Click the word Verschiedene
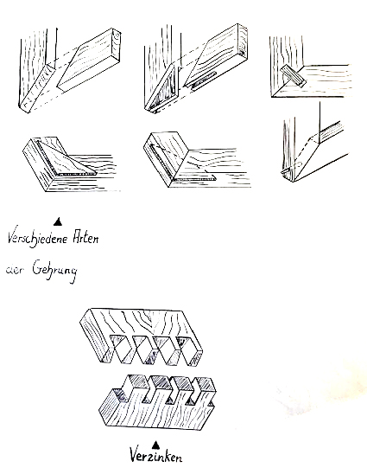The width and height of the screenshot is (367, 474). click(38, 240)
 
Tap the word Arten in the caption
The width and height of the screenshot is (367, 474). click(85, 238)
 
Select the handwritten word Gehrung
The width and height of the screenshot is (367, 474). click(54, 271)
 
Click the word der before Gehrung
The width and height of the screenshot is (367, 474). click(14, 270)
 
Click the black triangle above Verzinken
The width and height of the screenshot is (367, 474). click(155, 445)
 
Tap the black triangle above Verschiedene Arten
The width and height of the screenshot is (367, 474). click(58, 221)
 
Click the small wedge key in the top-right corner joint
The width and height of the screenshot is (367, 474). click(293, 76)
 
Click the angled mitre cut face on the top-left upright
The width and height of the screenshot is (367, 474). click(37, 87)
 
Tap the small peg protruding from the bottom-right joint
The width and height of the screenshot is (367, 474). click(286, 171)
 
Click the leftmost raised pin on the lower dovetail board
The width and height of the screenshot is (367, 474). click(136, 381)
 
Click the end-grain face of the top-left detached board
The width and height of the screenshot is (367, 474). click(117, 42)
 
